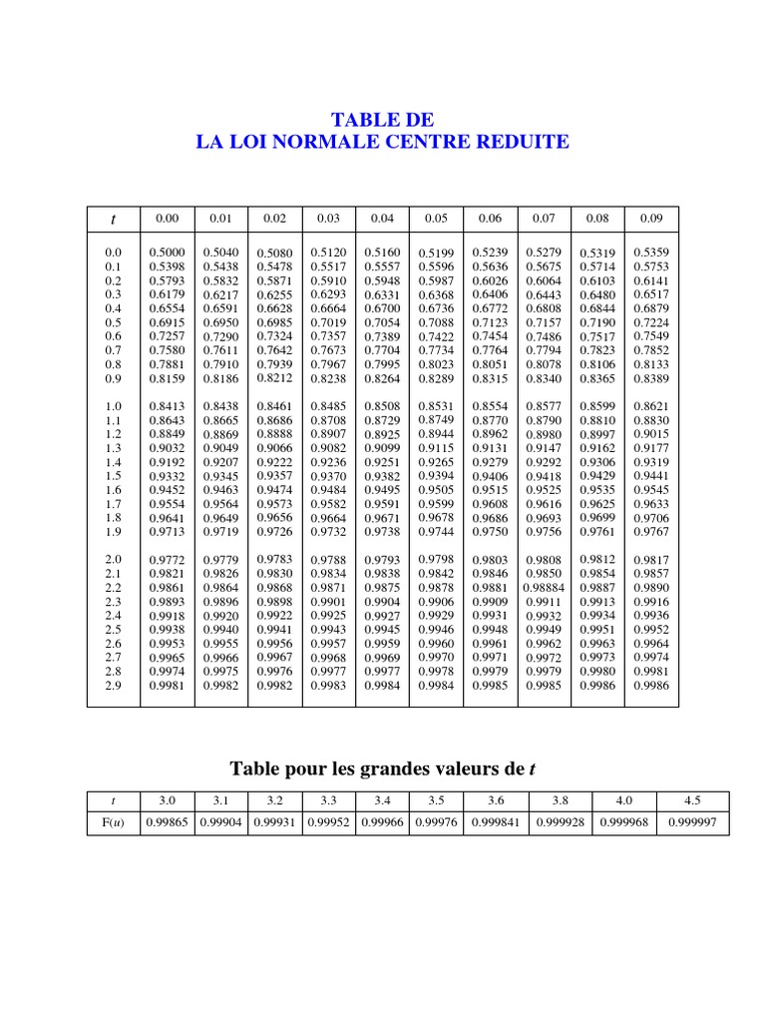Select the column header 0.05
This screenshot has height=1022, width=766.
click(x=436, y=218)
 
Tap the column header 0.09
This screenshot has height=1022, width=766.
click(x=651, y=218)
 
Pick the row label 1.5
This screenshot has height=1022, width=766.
click(x=114, y=477)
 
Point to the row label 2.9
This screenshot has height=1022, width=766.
click(x=114, y=686)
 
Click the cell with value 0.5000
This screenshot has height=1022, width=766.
click(x=167, y=254)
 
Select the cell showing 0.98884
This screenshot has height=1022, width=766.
click(x=544, y=589)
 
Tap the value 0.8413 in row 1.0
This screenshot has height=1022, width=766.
click(x=167, y=407)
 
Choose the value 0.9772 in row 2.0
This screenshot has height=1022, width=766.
click(x=167, y=561)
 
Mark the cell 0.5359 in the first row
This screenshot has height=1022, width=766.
click(x=651, y=254)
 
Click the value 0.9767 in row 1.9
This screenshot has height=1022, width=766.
click(x=651, y=532)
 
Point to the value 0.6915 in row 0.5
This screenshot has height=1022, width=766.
click(x=167, y=323)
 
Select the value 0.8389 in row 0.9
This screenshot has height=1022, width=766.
click(x=651, y=379)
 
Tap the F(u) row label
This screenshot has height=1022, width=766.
click(x=113, y=823)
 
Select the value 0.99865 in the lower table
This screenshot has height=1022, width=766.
click(x=167, y=823)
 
